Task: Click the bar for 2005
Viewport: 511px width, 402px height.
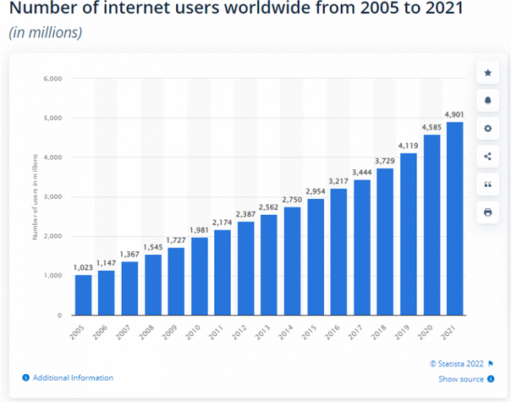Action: (x=83, y=295)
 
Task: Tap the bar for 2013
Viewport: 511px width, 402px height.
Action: (x=270, y=265)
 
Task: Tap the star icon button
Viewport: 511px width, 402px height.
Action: (x=488, y=74)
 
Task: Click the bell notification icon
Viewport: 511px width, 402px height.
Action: (x=488, y=101)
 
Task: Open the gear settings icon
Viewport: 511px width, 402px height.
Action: (x=488, y=129)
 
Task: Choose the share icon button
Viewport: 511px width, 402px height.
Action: (x=488, y=156)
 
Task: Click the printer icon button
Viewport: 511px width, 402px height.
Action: (x=488, y=212)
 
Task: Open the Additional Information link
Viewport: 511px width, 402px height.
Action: (x=73, y=378)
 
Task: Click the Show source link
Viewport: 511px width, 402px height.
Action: (x=461, y=379)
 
